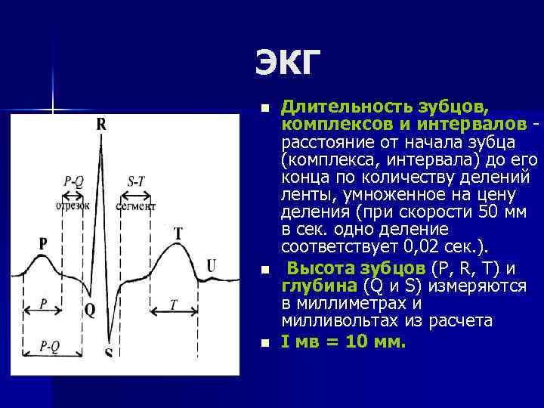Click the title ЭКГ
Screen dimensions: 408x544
[288, 63]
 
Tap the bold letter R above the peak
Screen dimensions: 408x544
[101, 125]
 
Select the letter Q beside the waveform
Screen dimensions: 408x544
[90, 311]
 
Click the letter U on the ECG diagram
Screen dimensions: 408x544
[211, 265]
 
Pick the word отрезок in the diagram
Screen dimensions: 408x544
[73, 204]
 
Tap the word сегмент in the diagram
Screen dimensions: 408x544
[136, 205]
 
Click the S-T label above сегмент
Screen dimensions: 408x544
[137, 181]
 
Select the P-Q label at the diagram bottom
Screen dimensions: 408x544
[50, 346]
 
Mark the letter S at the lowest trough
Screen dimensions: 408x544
[108, 353]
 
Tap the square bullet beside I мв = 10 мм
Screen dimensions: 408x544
[263, 342]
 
